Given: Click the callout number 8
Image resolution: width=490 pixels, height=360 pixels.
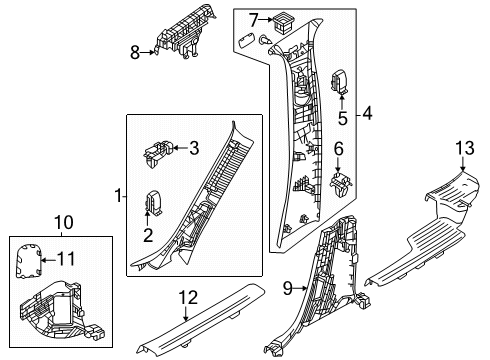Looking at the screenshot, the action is pyautogui.click(x=135, y=53).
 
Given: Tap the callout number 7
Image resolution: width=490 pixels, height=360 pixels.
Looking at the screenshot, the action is pyautogui.click(x=254, y=20).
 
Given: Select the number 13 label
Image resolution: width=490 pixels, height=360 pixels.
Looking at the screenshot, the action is pyautogui.click(x=465, y=148).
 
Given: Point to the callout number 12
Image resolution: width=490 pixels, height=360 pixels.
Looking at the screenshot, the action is pyautogui.click(x=188, y=298).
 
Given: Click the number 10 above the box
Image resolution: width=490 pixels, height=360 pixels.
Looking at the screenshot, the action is pyautogui.click(x=64, y=222).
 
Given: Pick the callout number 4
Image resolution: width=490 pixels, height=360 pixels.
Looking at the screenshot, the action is pyautogui.click(x=367, y=114).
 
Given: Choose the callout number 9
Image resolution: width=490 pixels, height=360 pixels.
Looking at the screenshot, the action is pyautogui.click(x=288, y=288).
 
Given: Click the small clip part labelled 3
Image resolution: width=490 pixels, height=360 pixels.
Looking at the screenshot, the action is pyautogui.click(x=158, y=153).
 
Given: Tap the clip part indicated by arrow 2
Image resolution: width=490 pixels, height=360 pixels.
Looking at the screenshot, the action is pyautogui.click(x=153, y=202).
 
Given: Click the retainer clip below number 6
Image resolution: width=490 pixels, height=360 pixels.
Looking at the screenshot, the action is pyautogui.click(x=341, y=185).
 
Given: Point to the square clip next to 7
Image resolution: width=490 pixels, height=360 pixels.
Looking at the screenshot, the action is pyautogui.click(x=282, y=22).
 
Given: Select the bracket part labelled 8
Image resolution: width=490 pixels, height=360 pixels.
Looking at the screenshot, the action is pyautogui.click(x=183, y=33).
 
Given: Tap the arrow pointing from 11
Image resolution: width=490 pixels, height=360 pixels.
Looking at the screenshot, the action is pyautogui.click(x=48, y=260).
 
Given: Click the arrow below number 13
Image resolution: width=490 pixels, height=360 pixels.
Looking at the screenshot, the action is pyautogui.click(x=463, y=164).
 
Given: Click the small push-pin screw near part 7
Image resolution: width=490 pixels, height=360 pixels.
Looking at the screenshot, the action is pyautogui.click(x=265, y=40).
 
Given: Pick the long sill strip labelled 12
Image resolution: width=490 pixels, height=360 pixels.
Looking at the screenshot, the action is pyautogui.click(x=201, y=319).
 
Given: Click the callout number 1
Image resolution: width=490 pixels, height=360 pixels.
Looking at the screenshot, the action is pyautogui.click(x=118, y=196).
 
